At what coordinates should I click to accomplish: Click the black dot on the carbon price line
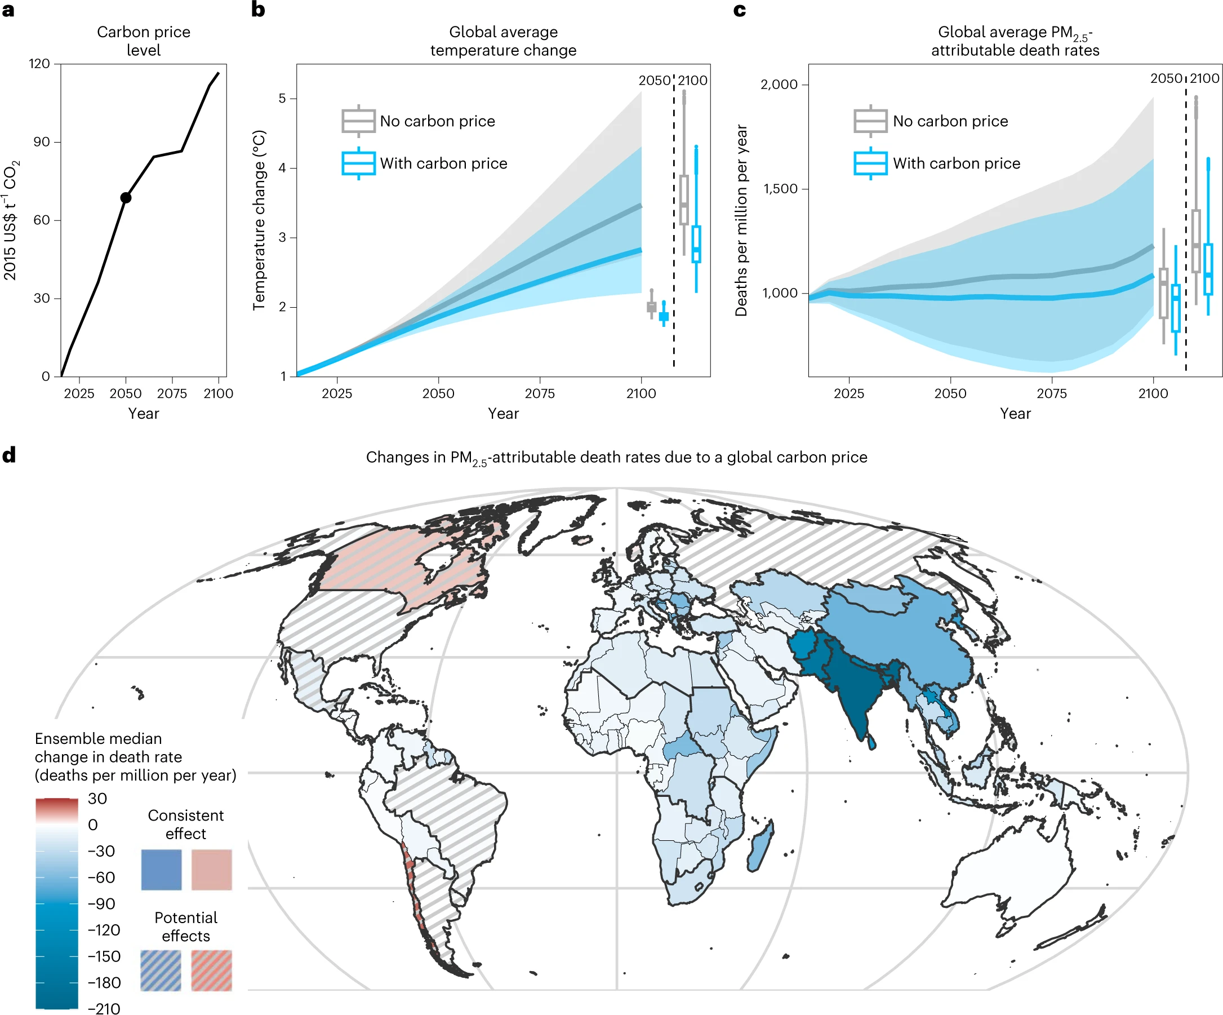126,198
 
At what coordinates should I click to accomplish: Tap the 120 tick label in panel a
39,64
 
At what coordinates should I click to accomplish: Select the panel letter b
258,10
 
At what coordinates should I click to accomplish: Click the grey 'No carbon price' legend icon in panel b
358,121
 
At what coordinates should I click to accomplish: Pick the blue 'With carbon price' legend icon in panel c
870,163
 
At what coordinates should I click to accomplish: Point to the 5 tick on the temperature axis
282,99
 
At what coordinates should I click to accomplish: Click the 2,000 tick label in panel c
779,85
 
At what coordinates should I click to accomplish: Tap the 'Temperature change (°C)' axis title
259,220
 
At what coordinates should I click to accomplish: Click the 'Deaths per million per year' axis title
741,220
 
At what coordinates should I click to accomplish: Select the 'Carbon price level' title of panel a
143,40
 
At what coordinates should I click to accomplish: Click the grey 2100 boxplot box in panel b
684,200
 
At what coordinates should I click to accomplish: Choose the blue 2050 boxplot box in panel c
1175,308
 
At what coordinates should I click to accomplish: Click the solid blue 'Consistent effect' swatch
161,870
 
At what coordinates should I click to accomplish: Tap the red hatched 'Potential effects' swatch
211,970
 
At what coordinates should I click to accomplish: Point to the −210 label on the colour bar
104,1008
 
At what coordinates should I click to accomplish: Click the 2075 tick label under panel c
1052,393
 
